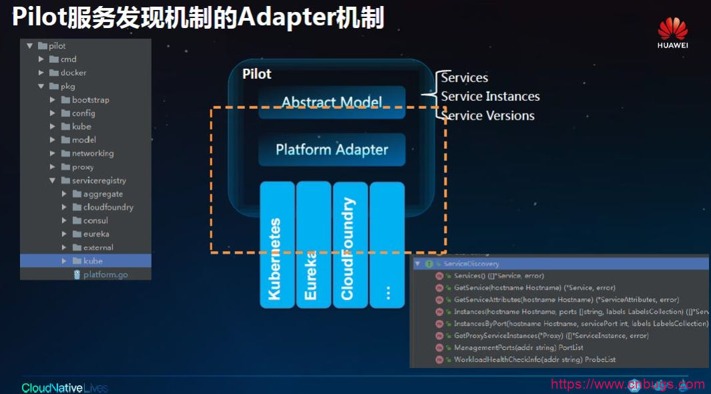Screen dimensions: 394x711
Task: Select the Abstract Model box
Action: pyautogui.click(x=332, y=102)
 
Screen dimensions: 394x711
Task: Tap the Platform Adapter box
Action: pyautogui.click(x=332, y=150)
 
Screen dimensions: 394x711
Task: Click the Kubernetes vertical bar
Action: pyautogui.click(x=277, y=244)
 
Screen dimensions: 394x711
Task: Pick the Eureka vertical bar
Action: pyautogui.click(x=313, y=244)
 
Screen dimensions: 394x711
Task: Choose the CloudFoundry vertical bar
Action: pyautogui.click(x=350, y=244)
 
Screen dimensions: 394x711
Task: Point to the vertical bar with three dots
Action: pyautogui.click(x=387, y=244)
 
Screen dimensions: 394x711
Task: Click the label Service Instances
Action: pyautogui.click(x=490, y=97)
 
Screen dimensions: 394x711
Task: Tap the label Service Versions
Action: pyautogui.click(x=488, y=116)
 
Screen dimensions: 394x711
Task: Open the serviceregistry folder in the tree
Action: pyautogui.click(x=99, y=180)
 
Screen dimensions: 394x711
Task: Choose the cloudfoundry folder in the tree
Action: pyautogui.click(x=107, y=207)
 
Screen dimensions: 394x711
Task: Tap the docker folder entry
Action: pyautogui.click(x=73, y=73)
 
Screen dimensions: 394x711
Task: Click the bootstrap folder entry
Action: pyautogui.click(x=90, y=100)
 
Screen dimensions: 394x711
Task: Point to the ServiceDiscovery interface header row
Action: pyautogui.click(x=471, y=264)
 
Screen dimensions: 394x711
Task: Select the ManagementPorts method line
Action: pyautogui.click(x=518, y=347)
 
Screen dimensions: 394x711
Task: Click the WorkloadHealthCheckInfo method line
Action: pyautogui.click(x=534, y=359)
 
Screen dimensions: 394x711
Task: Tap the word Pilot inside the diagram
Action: pyautogui.click(x=257, y=74)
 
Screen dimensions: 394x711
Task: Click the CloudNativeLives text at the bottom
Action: pyautogui.click(x=65, y=387)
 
